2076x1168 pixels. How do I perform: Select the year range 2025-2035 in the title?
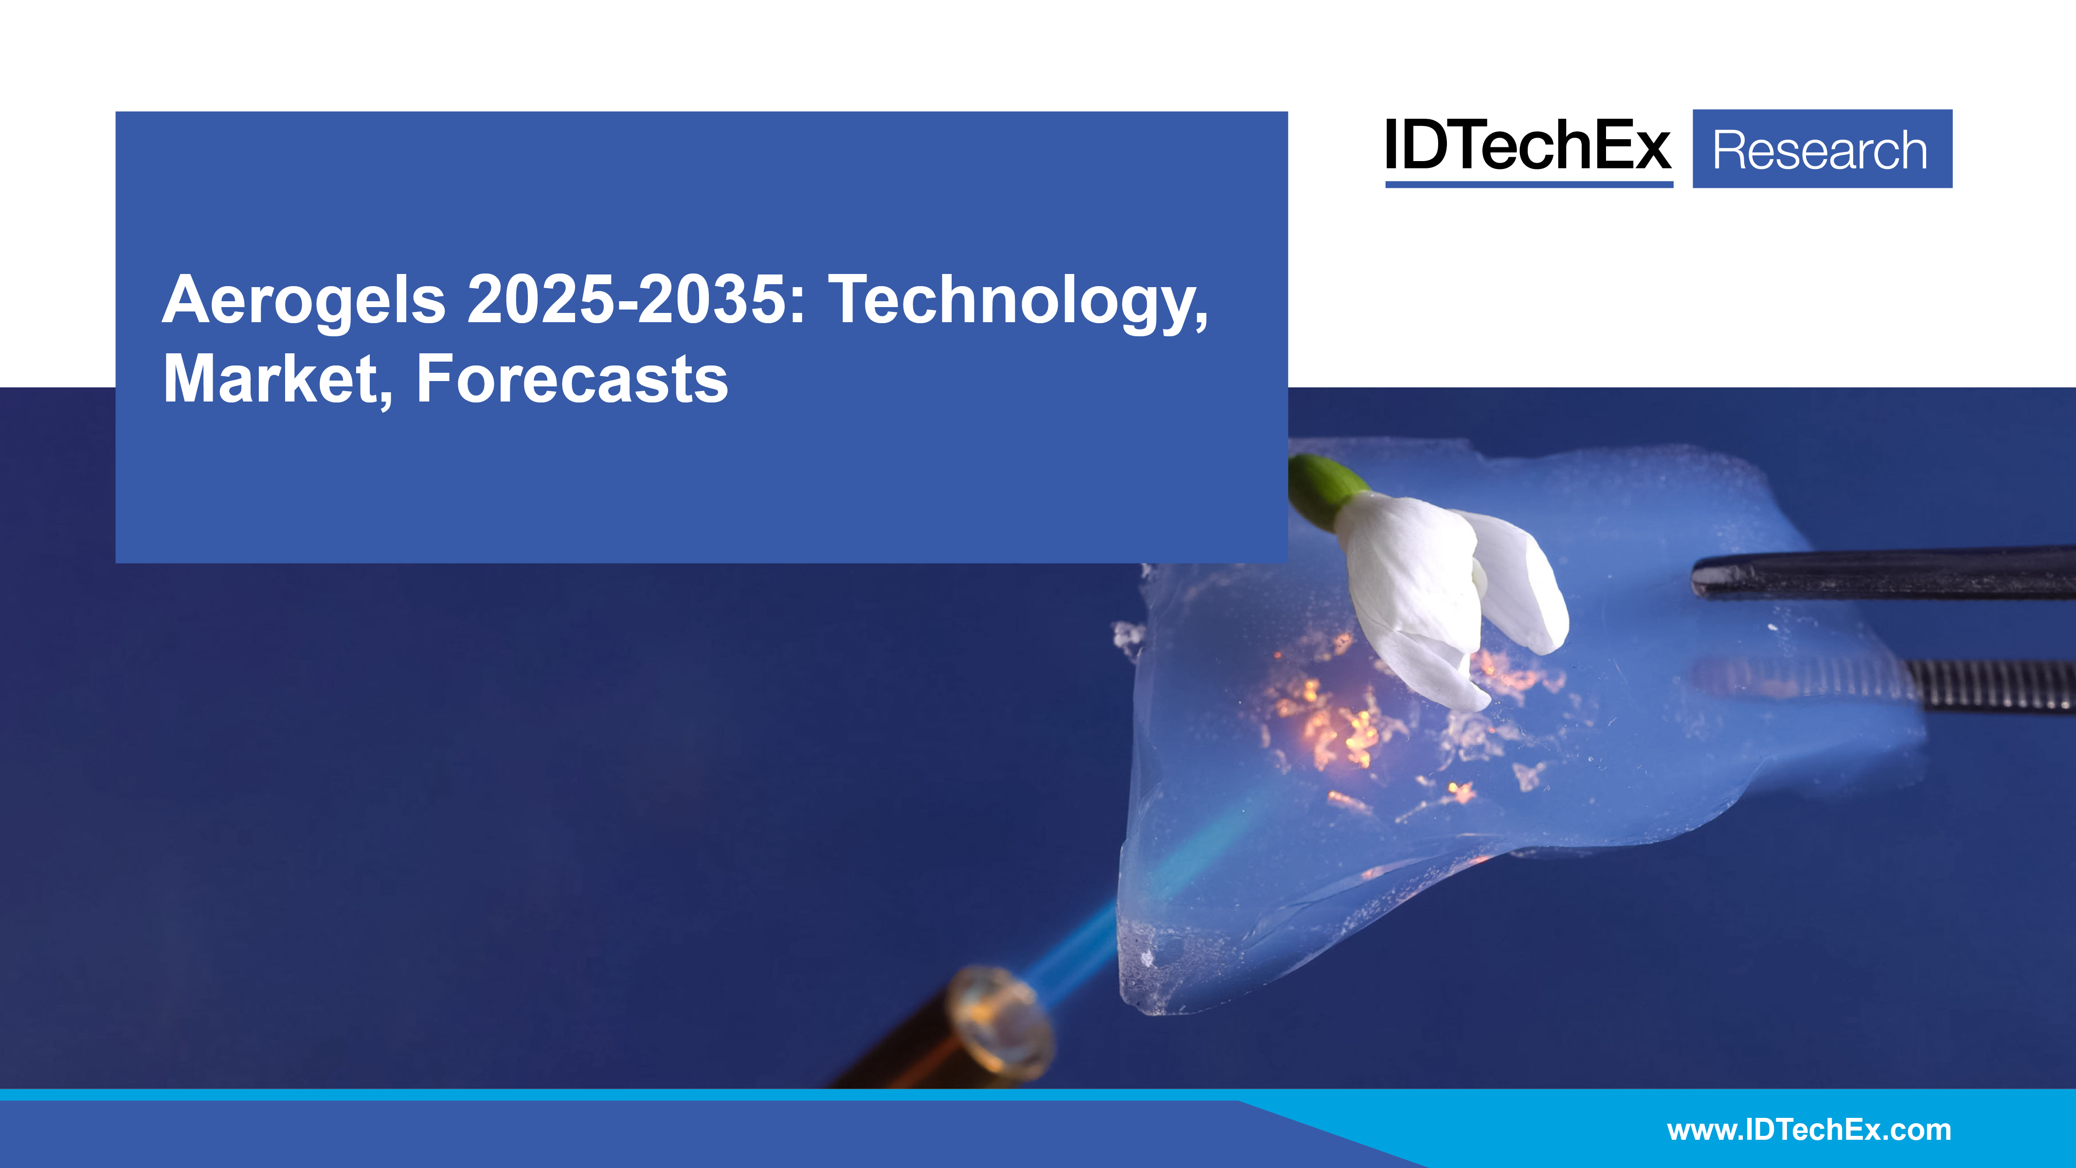(x=627, y=300)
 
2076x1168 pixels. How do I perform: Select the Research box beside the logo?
(x=1822, y=149)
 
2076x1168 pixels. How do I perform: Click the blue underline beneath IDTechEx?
(x=1529, y=184)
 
